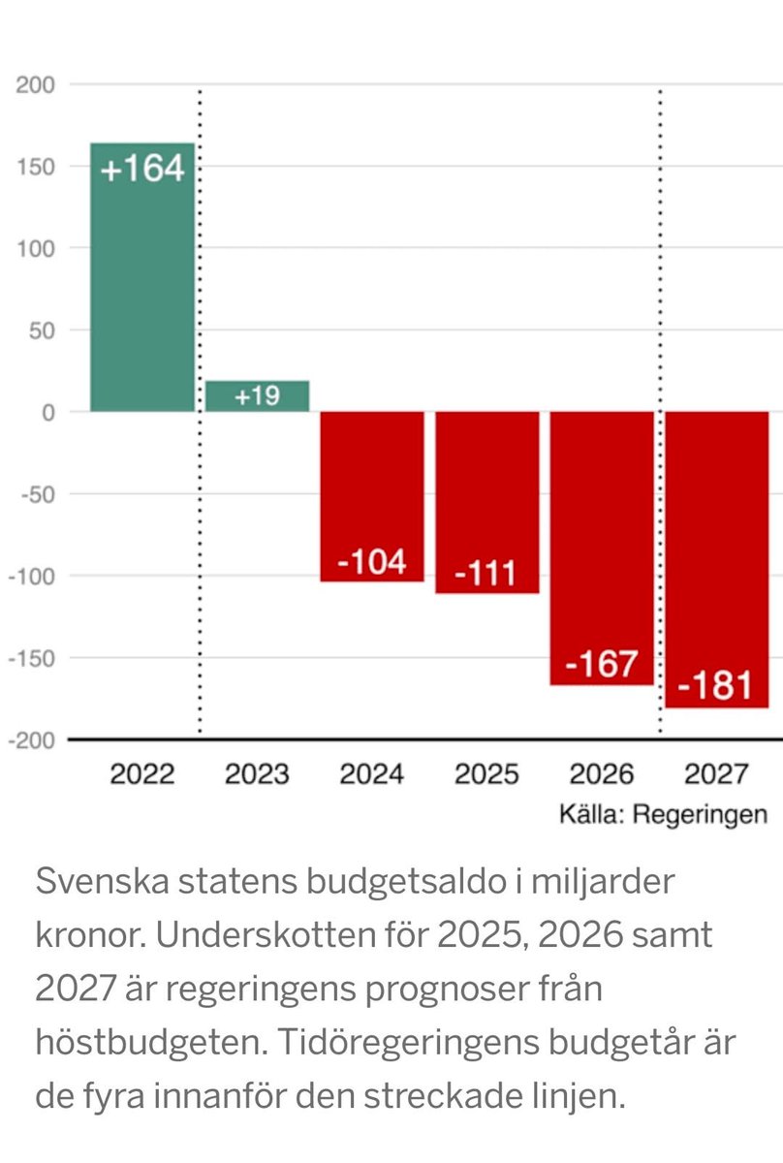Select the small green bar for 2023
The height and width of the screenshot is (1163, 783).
(x=257, y=396)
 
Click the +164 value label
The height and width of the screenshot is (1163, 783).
(x=142, y=169)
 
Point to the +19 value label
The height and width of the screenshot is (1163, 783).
(x=257, y=396)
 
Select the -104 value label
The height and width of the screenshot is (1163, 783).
(x=372, y=561)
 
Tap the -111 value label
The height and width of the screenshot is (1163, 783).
(x=486, y=573)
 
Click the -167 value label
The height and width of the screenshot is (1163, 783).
(x=602, y=664)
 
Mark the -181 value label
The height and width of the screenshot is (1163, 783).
(x=716, y=686)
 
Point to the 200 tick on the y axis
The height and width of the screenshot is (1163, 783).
(x=35, y=85)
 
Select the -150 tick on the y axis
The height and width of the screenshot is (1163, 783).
(x=32, y=658)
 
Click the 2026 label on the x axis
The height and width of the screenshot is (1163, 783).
(x=602, y=774)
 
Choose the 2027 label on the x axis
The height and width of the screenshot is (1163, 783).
(x=716, y=774)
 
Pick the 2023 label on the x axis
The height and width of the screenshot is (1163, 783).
(x=257, y=774)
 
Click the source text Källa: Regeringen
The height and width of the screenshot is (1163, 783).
(x=663, y=814)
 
